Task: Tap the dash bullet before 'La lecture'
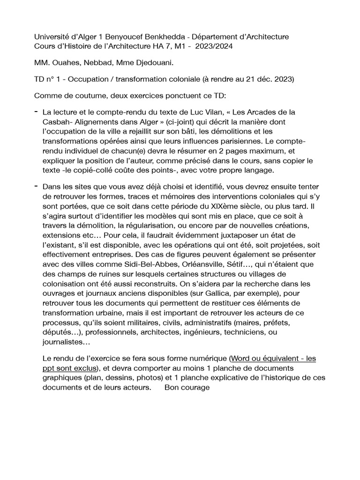point(37,112)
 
